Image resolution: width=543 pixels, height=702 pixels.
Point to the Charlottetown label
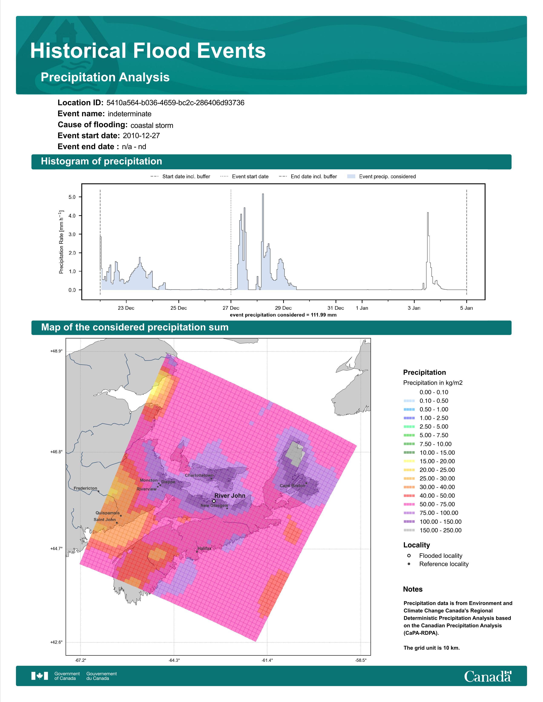[x=199, y=475]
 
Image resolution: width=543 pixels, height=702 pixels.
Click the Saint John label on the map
[x=105, y=519]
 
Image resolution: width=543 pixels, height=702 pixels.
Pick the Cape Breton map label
[x=292, y=485]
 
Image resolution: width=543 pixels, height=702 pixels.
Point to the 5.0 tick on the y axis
[x=72, y=197]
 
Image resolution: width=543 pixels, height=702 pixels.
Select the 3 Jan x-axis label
[x=414, y=308]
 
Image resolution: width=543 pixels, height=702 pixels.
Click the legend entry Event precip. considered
[x=382, y=177]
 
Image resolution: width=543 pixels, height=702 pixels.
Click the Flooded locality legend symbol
[x=409, y=555]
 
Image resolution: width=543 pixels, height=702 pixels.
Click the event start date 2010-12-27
[x=141, y=136]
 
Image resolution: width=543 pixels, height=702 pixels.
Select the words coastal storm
[x=152, y=125]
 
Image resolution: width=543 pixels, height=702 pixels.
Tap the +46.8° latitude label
[x=56, y=452]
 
